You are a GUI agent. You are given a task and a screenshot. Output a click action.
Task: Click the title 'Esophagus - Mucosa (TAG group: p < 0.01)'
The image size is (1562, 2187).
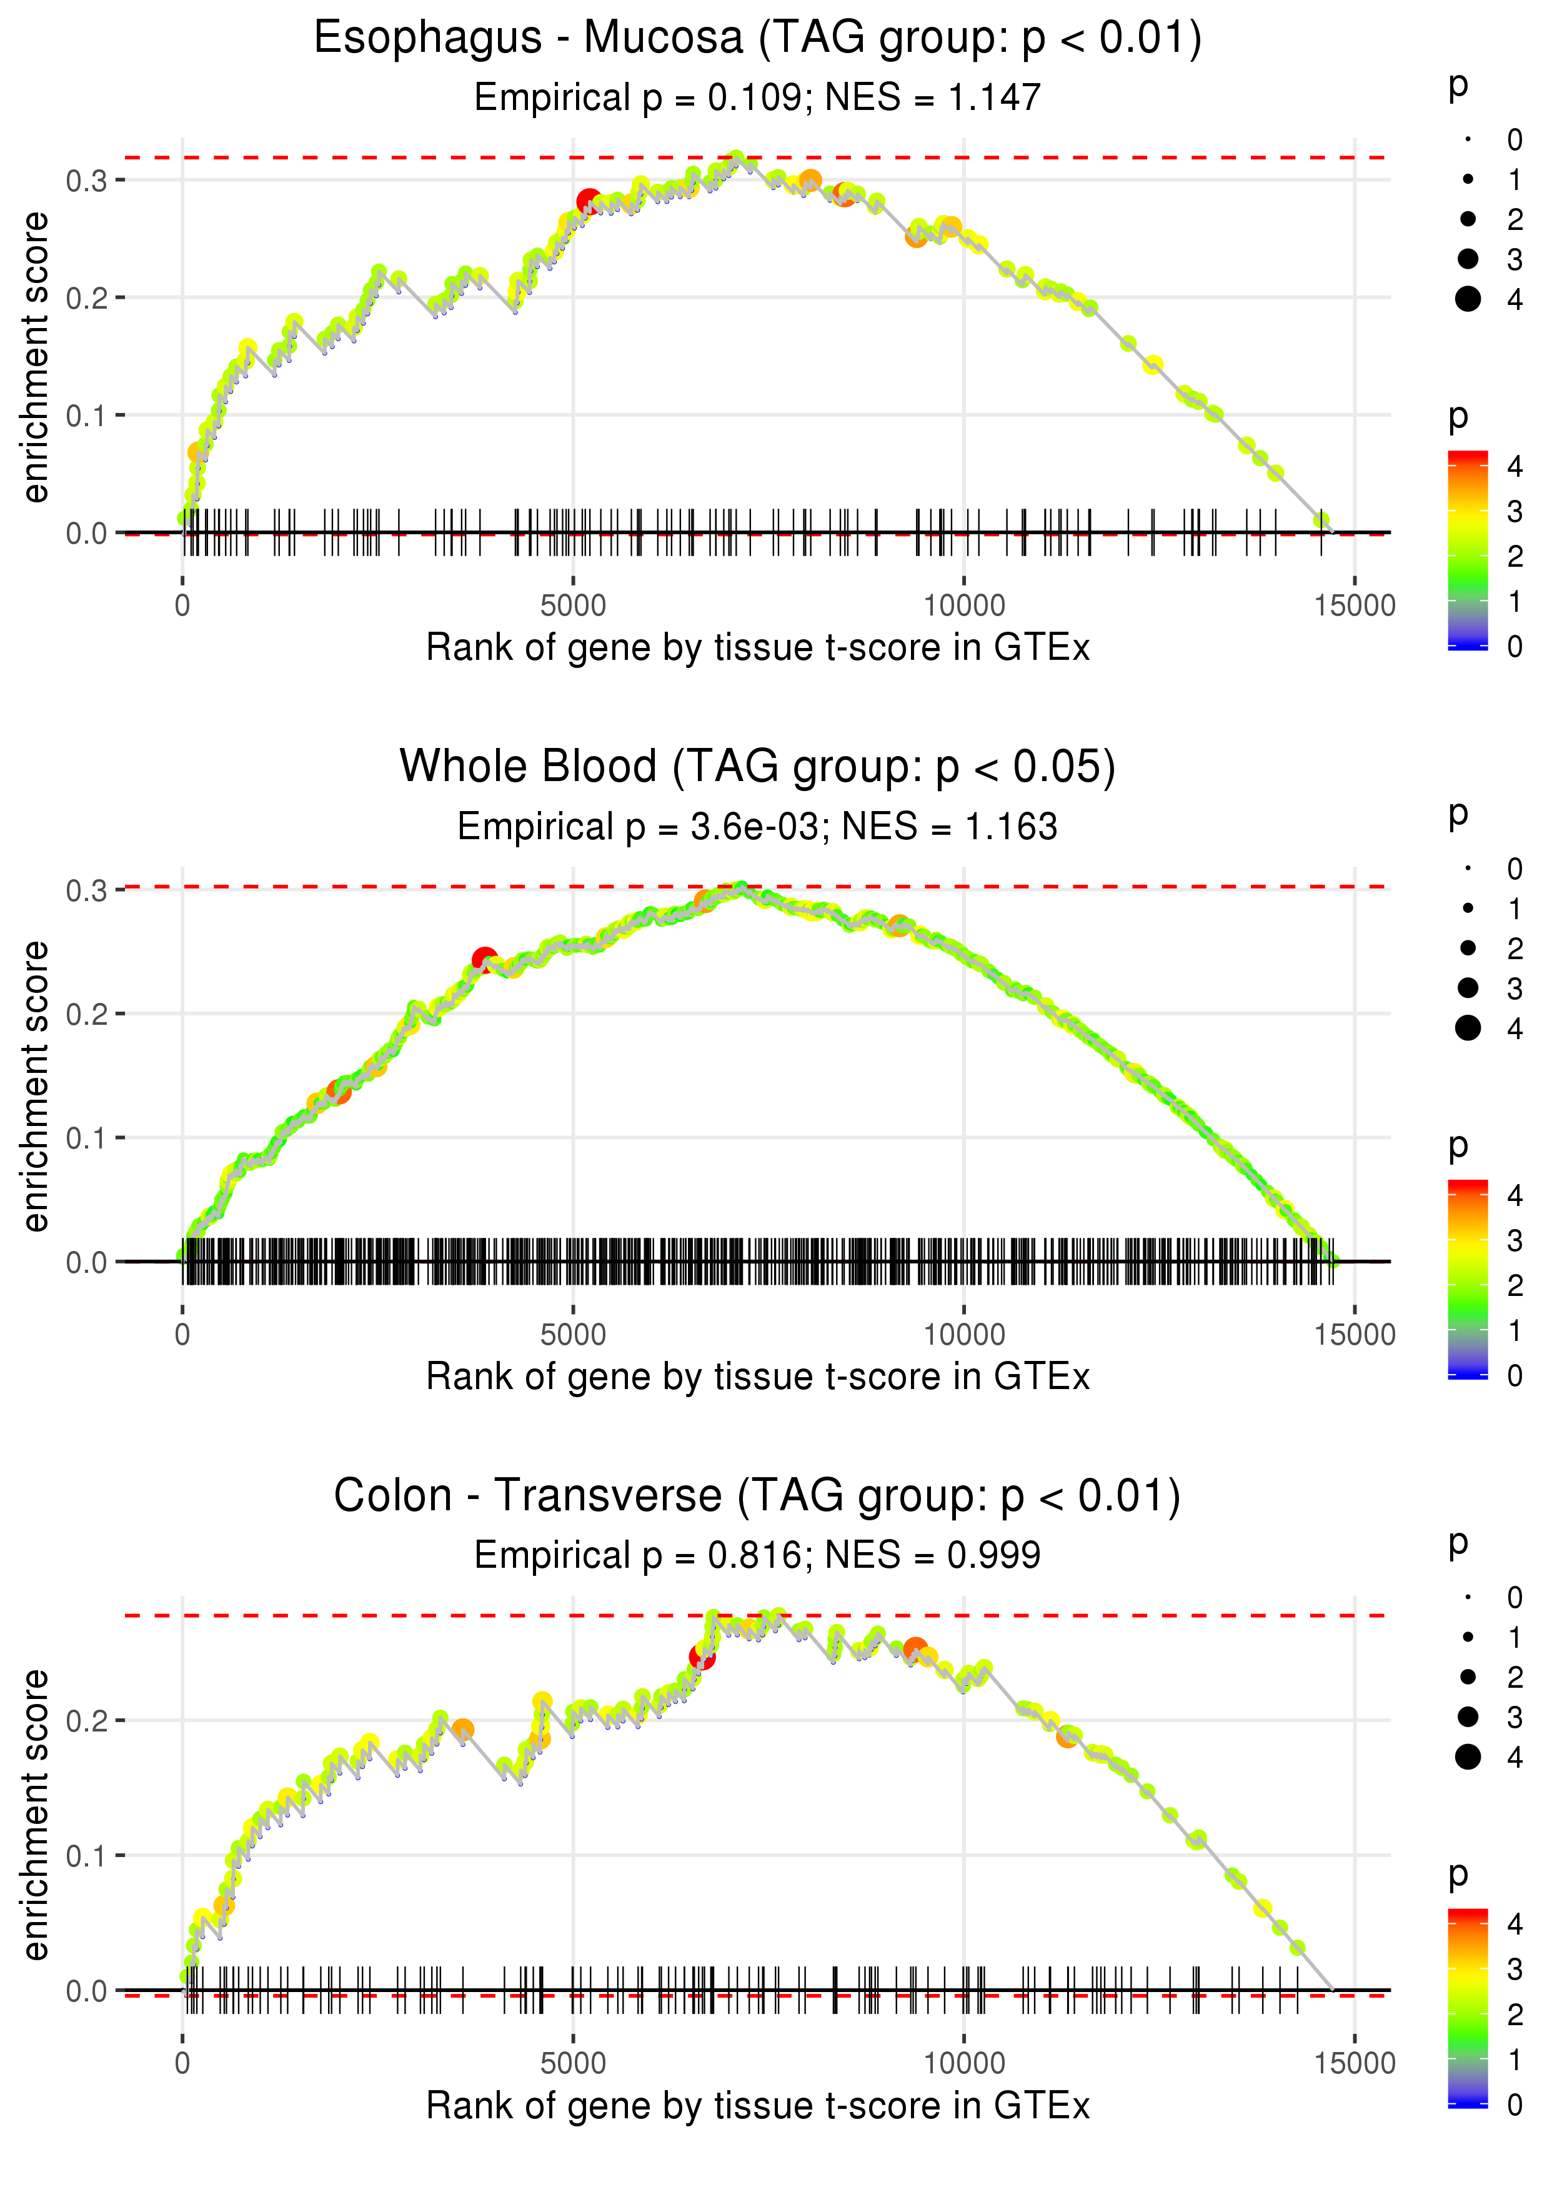click(x=757, y=39)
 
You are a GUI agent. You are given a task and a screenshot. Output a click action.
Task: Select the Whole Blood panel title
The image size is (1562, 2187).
click(x=757, y=767)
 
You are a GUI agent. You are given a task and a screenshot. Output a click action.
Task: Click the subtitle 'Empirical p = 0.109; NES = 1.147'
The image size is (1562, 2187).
click(x=757, y=97)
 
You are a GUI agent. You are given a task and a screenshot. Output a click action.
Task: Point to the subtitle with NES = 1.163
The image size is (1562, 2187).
click(x=757, y=826)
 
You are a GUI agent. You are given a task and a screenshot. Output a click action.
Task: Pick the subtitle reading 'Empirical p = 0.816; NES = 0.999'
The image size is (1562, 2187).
click(x=757, y=1555)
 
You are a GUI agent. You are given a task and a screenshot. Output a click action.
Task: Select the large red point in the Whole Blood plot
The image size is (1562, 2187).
click(x=485, y=959)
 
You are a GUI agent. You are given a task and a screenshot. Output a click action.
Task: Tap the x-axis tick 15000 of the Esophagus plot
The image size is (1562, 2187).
click(x=1354, y=606)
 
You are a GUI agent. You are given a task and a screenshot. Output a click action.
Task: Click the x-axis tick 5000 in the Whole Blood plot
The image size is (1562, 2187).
click(x=573, y=1335)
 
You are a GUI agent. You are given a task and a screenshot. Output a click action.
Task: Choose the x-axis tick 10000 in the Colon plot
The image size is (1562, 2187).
click(x=963, y=2064)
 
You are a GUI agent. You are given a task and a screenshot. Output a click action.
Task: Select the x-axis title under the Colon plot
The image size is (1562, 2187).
click(x=757, y=2106)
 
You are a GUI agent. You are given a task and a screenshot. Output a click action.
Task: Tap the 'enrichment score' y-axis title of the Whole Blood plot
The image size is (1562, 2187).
click(x=36, y=1087)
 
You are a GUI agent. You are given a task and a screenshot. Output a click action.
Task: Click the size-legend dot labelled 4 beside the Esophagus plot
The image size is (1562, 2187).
click(x=1468, y=299)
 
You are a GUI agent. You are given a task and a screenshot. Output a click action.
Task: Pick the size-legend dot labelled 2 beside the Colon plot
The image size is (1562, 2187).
click(x=1468, y=1676)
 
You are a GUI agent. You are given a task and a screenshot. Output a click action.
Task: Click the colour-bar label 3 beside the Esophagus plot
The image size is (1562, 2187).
click(x=1515, y=512)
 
